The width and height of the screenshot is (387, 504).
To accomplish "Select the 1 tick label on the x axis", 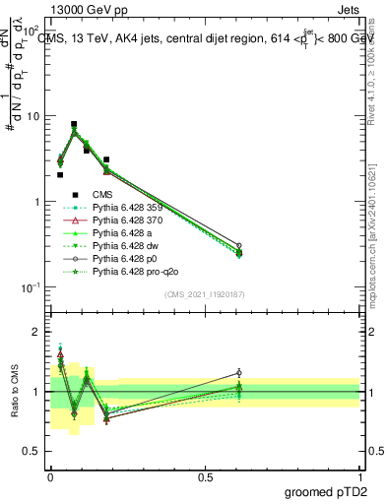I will point(360,476).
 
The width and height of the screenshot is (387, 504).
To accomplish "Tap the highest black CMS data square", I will point(74,125).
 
